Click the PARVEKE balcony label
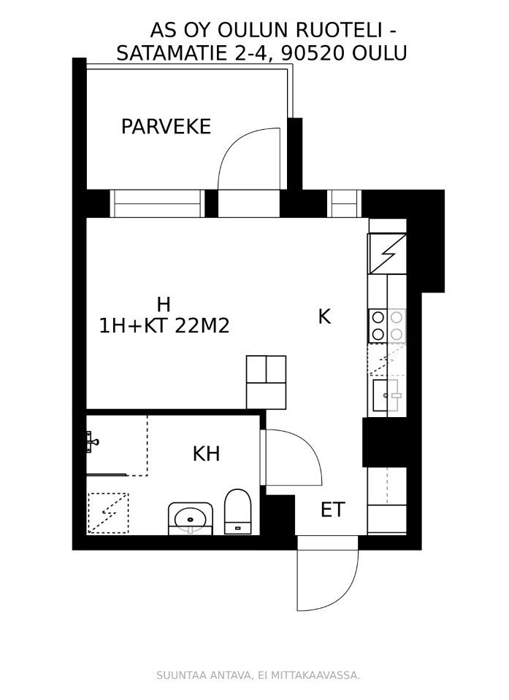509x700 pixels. (166, 127)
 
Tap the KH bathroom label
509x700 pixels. (206, 454)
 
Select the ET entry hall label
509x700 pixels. (333, 510)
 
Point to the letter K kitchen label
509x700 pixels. (324, 316)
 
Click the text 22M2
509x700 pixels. (202, 326)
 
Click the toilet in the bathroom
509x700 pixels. (237, 512)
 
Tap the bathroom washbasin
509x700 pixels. (191, 518)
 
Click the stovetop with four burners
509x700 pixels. (387, 325)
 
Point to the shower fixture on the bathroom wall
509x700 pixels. (92, 442)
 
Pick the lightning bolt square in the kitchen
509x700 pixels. (387, 254)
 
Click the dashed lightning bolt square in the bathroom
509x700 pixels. (108, 513)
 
